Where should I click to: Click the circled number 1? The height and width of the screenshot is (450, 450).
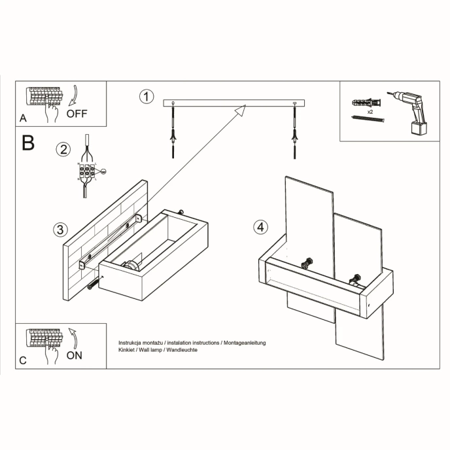[147, 97]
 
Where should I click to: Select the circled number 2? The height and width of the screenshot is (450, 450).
[63, 149]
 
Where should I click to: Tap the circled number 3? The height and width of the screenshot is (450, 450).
[60, 229]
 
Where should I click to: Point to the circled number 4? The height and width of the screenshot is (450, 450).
[260, 227]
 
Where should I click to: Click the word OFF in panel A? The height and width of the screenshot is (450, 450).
[77, 113]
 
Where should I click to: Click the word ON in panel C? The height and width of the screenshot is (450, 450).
[75, 356]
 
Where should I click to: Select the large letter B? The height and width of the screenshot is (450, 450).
[28, 143]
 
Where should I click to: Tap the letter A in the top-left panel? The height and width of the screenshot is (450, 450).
[23, 118]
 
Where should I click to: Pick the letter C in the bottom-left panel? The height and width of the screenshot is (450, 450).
[23, 360]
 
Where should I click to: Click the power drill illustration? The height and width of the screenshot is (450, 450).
[410, 111]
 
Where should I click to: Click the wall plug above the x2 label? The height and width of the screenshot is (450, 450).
[365, 103]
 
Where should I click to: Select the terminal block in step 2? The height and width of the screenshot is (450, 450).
[86, 171]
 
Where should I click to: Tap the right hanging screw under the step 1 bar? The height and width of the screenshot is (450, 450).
[295, 134]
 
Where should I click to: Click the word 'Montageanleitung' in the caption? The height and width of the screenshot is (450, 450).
[244, 343]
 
